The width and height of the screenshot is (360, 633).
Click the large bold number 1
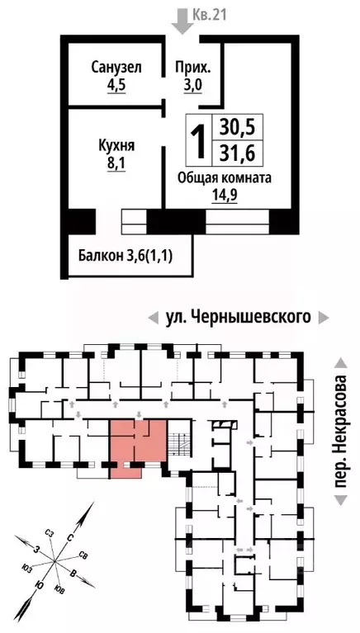(x=198, y=142)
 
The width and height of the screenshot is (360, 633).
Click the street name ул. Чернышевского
(x=236, y=317)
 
